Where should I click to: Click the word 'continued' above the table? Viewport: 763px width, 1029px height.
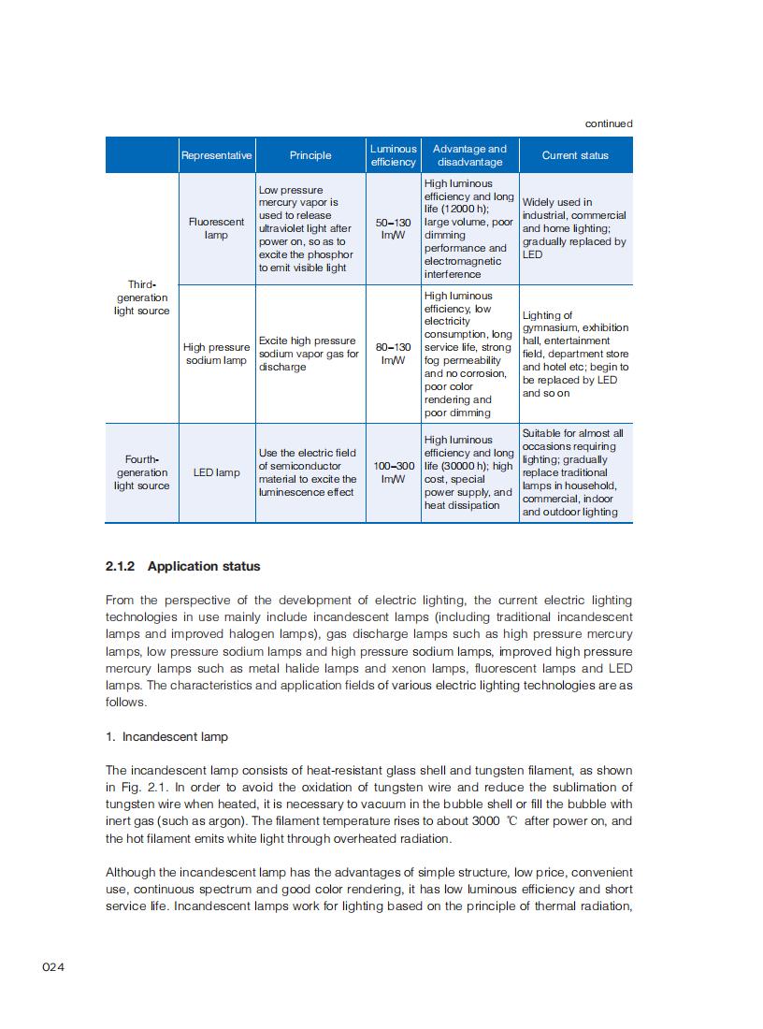coord(609,123)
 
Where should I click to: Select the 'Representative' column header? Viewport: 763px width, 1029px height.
coord(216,155)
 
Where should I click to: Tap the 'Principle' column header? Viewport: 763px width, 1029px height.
coord(310,155)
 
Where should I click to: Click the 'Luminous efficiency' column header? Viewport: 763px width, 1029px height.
coord(393,155)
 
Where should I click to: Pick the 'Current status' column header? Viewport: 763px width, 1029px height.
coord(575,155)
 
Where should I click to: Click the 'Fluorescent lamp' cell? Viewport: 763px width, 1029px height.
coord(216,228)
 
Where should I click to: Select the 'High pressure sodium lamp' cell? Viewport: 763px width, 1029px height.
coord(216,354)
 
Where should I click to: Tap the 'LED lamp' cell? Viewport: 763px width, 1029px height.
coord(216,472)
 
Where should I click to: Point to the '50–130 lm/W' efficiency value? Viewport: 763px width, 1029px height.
coord(393,229)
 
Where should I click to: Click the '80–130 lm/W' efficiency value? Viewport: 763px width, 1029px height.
coord(393,354)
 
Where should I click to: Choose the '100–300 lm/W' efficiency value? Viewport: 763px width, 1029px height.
coord(393,472)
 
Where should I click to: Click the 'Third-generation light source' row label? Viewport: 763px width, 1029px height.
coord(142,297)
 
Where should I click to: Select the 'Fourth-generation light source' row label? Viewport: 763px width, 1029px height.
coord(142,472)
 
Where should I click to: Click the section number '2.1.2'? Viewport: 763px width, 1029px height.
coord(121,566)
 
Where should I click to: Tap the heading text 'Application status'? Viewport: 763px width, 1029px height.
coord(204,566)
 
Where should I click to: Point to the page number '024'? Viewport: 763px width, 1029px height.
coord(53,966)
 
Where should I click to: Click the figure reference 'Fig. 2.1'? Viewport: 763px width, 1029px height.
coord(138,787)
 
